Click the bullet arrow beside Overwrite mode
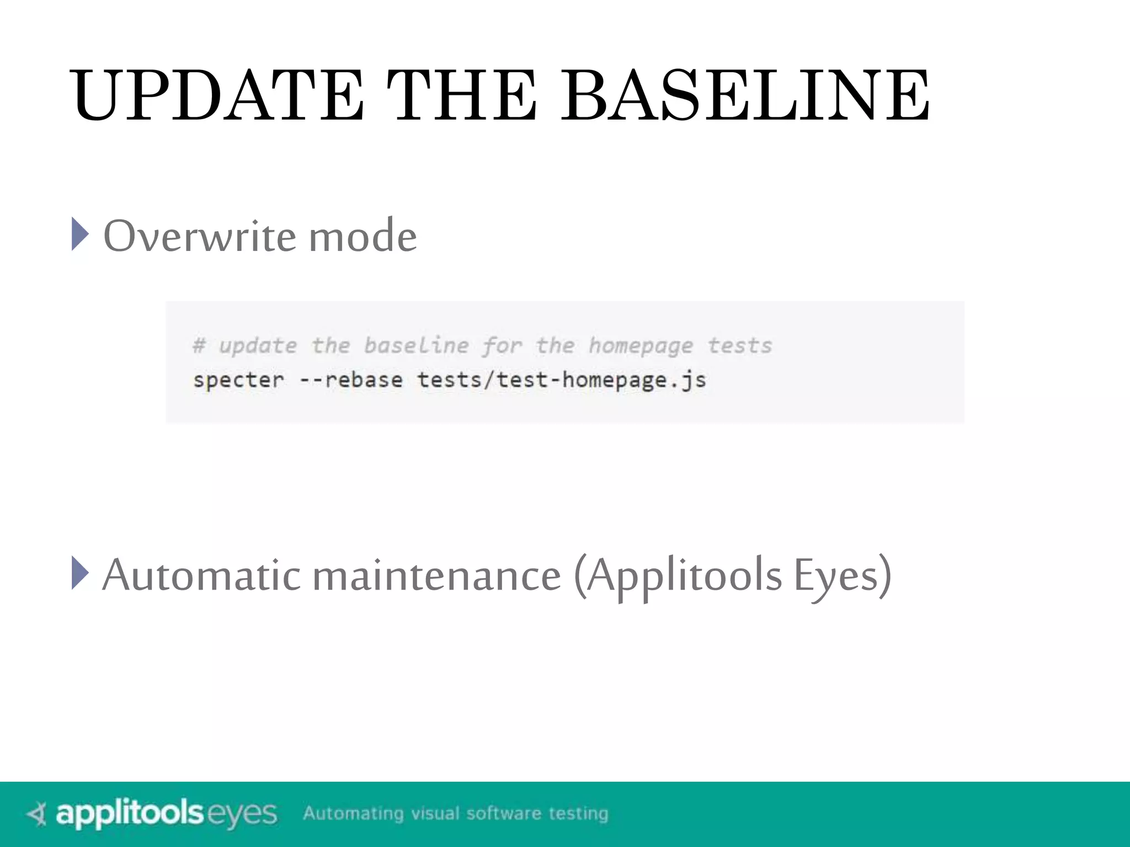coord(80,234)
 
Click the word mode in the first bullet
coord(363,236)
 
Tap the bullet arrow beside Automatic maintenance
coord(80,573)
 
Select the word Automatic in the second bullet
coord(201,576)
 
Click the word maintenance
coord(436,576)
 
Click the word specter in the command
coord(238,380)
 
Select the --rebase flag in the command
coord(351,380)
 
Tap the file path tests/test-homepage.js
coord(561,380)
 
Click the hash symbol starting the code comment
coord(199,346)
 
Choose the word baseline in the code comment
coord(416,346)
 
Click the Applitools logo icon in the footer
coord(37,814)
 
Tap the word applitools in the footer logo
coord(130,814)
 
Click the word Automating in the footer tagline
coord(353,813)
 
